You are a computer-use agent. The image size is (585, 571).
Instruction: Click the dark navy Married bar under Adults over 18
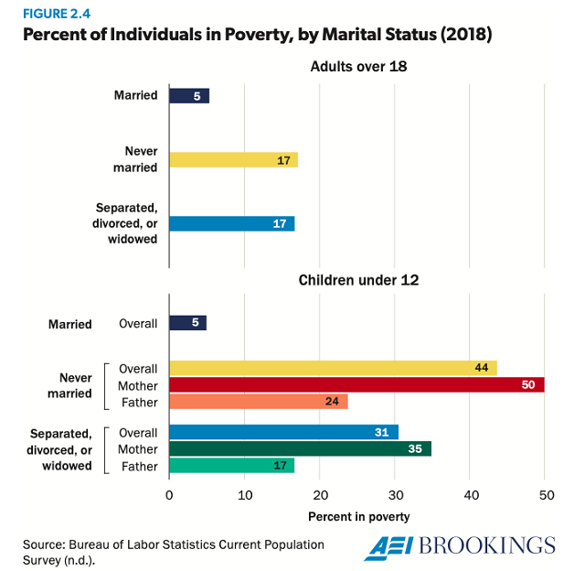tap(189, 96)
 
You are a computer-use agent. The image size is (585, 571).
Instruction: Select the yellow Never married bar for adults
tap(233, 160)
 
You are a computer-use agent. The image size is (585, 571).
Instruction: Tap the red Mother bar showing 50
tap(356, 385)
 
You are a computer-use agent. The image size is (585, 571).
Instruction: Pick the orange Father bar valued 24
tap(259, 402)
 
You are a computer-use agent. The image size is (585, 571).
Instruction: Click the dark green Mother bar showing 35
tap(300, 449)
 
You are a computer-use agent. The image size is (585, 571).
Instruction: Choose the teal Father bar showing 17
tap(232, 466)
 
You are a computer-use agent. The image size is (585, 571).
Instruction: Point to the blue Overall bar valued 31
tap(283, 433)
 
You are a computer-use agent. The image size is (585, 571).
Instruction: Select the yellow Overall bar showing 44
tap(333, 368)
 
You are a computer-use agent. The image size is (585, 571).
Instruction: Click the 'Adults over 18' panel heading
tap(358, 66)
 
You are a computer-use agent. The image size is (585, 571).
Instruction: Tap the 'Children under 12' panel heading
tap(358, 280)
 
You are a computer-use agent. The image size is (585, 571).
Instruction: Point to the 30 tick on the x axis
tap(395, 495)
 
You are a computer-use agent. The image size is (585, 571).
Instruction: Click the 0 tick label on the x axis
tap(169, 495)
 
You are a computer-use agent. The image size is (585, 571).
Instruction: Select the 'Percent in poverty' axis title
tap(358, 517)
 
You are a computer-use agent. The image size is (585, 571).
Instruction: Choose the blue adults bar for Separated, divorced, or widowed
tap(231, 224)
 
